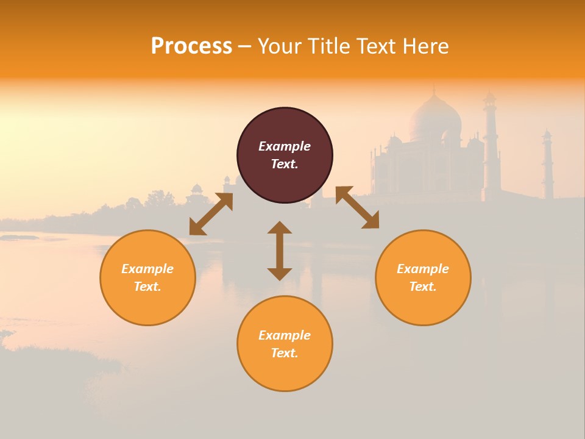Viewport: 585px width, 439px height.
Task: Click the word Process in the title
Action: pyautogui.click(x=191, y=46)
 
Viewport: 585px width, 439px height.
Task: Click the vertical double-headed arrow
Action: pyautogui.click(x=280, y=251)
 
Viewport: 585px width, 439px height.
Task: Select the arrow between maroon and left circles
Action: pyautogui.click(x=211, y=214)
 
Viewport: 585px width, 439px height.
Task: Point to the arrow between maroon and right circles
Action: pyautogui.click(x=357, y=207)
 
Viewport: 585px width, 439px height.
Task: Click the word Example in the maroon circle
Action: pyautogui.click(x=285, y=146)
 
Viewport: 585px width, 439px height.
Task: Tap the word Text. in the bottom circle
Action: pyautogui.click(x=285, y=353)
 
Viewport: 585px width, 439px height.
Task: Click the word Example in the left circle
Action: pyautogui.click(x=147, y=269)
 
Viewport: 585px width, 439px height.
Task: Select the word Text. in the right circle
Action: pyautogui.click(x=423, y=287)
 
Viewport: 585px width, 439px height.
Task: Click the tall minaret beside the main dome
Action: pyautogui.click(x=491, y=146)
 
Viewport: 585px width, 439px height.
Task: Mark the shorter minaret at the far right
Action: pyautogui.click(x=547, y=165)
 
